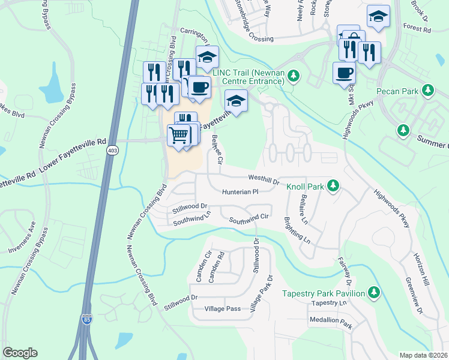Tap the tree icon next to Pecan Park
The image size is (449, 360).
(427, 91)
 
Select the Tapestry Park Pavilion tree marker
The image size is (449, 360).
(374, 292)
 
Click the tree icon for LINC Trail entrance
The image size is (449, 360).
(294, 76)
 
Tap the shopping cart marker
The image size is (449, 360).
(179, 136)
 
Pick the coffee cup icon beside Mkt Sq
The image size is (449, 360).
(344, 73)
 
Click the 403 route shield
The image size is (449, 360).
(112, 149)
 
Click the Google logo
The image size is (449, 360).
(20, 353)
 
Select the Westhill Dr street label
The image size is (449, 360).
(264, 178)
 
